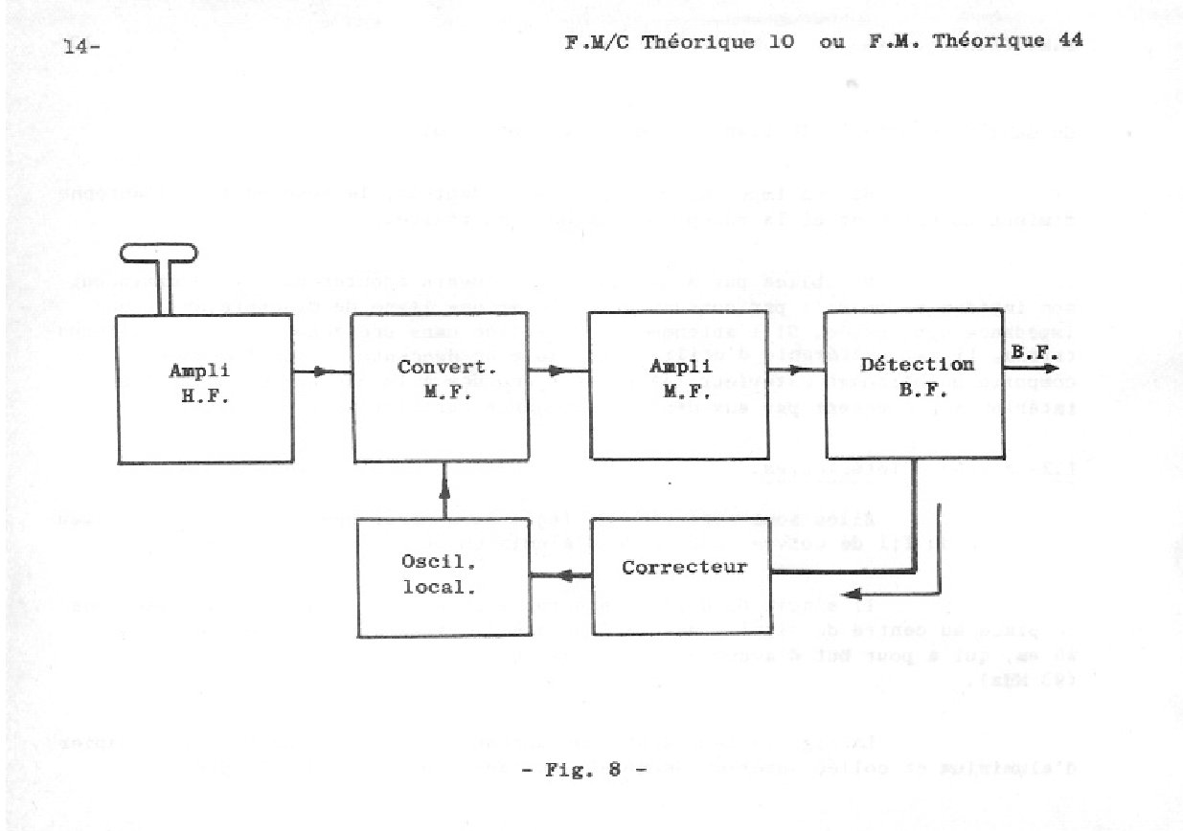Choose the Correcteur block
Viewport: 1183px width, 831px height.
coord(683,567)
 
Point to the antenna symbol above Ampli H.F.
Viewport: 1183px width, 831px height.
coord(159,255)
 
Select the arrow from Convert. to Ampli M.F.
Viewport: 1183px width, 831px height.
coord(557,371)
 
